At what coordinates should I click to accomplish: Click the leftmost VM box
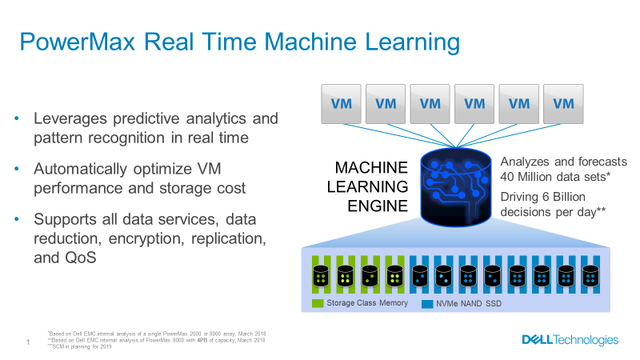[x=342, y=103]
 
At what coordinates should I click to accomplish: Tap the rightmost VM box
[x=564, y=103]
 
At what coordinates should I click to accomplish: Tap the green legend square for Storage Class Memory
[x=317, y=303]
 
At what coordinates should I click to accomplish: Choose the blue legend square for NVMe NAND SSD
[x=427, y=303]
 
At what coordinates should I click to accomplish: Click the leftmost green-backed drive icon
[x=320, y=277]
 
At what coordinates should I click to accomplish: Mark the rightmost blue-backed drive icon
[x=590, y=277]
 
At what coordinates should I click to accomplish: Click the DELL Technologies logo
[x=570, y=340]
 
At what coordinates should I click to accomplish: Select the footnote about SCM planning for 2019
[x=82, y=346]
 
